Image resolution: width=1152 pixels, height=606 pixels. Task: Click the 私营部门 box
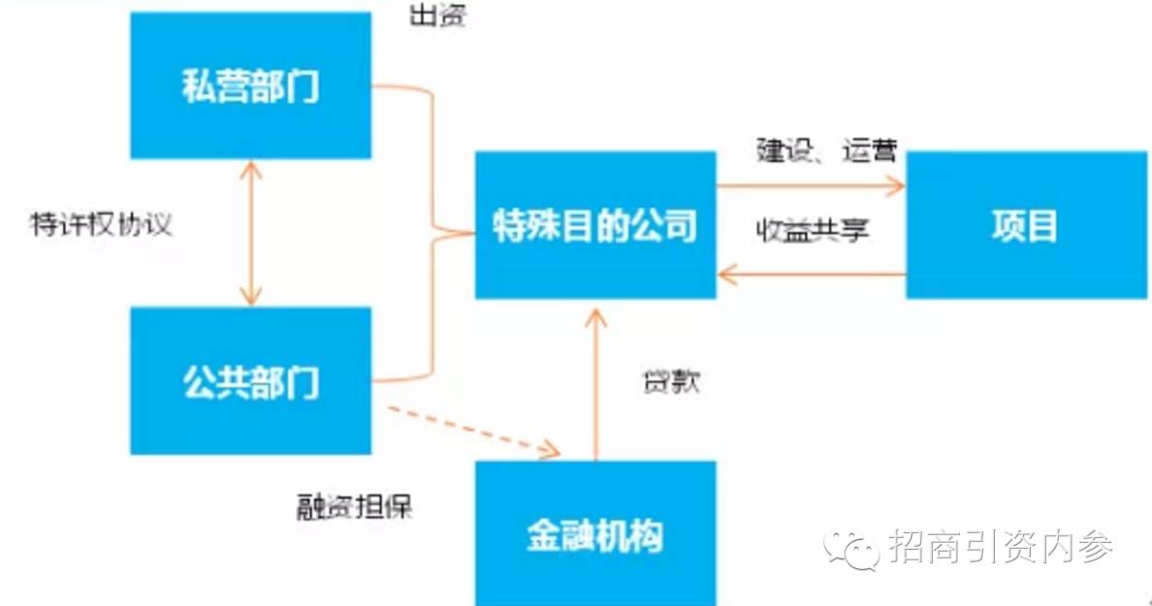pos(250,85)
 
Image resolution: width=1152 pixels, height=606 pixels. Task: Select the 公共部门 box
pos(250,381)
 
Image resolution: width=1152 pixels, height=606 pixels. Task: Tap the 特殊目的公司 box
pos(595,225)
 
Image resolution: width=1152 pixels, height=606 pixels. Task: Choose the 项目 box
pos(1025,225)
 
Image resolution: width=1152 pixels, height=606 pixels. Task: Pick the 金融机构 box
pos(595,533)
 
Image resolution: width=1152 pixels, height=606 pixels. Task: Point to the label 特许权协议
pos(102,225)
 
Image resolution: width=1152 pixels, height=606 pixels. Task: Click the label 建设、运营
pos(827,152)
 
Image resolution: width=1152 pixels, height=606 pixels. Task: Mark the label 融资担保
pos(355,506)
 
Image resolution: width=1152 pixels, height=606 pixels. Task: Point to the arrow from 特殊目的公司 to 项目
pos(811,184)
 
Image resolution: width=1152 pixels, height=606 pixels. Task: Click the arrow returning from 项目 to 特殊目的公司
pos(811,276)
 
